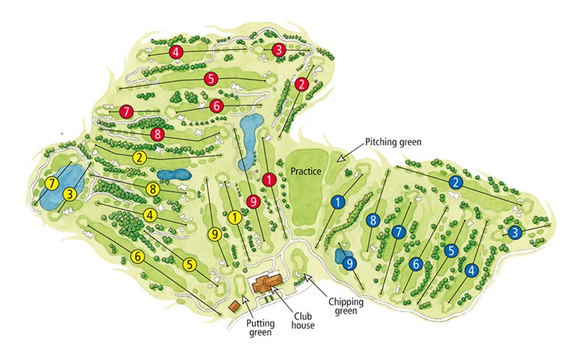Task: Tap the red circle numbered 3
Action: click(278, 50)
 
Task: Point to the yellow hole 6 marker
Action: click(137, 257)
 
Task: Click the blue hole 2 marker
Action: click(454, 182)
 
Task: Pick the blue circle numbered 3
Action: click(514, 232)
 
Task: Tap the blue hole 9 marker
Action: click(350, 264)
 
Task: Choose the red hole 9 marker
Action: click(253, 200)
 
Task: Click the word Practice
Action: click(306, 171)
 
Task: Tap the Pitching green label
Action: click(393, 142)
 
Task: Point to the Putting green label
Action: click(261, 328)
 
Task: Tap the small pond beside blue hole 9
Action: click(342, 256)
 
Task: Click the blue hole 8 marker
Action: click(372, 220)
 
